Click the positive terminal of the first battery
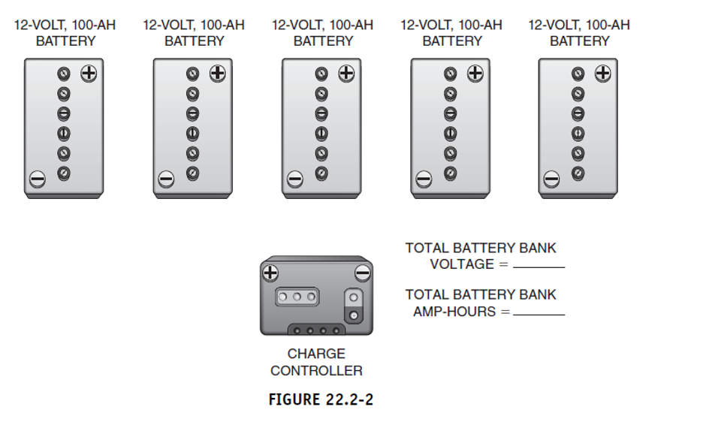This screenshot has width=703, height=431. [x=89, y=74]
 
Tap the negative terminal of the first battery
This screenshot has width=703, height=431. [x=37, y=179]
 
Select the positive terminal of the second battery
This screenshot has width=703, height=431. [x=218, y=74]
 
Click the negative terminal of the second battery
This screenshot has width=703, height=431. [x=166, y=179]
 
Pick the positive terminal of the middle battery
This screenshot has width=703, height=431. [x=346, y=74]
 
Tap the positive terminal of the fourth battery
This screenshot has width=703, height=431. [x=475, y=74]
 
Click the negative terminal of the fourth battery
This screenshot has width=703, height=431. [x=424, y=179]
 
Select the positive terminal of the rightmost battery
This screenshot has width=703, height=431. [x=602, y=74]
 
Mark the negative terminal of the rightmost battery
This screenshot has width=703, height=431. [x=551, y=179]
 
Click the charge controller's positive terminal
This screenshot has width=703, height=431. [x=270, y=273]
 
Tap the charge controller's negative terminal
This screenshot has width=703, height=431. [x=362, y=273]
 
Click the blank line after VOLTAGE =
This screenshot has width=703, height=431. [x=539, y=266]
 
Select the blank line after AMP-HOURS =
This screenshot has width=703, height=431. [x=539, y=313]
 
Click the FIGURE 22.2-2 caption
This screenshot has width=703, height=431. [x=321, y=399]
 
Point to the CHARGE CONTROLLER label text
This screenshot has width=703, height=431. [x=316, y=362]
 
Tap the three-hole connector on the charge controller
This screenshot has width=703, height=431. [x=297, y=297]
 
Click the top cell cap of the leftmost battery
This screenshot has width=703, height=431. [x=64, y=74]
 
